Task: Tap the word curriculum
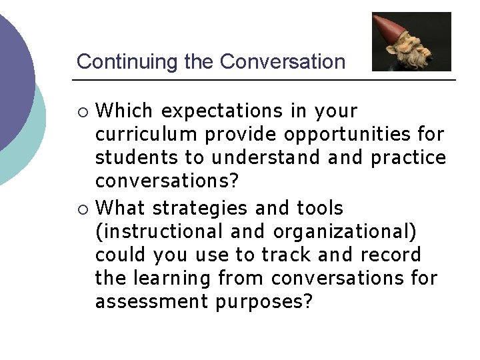147,135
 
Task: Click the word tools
320,208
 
